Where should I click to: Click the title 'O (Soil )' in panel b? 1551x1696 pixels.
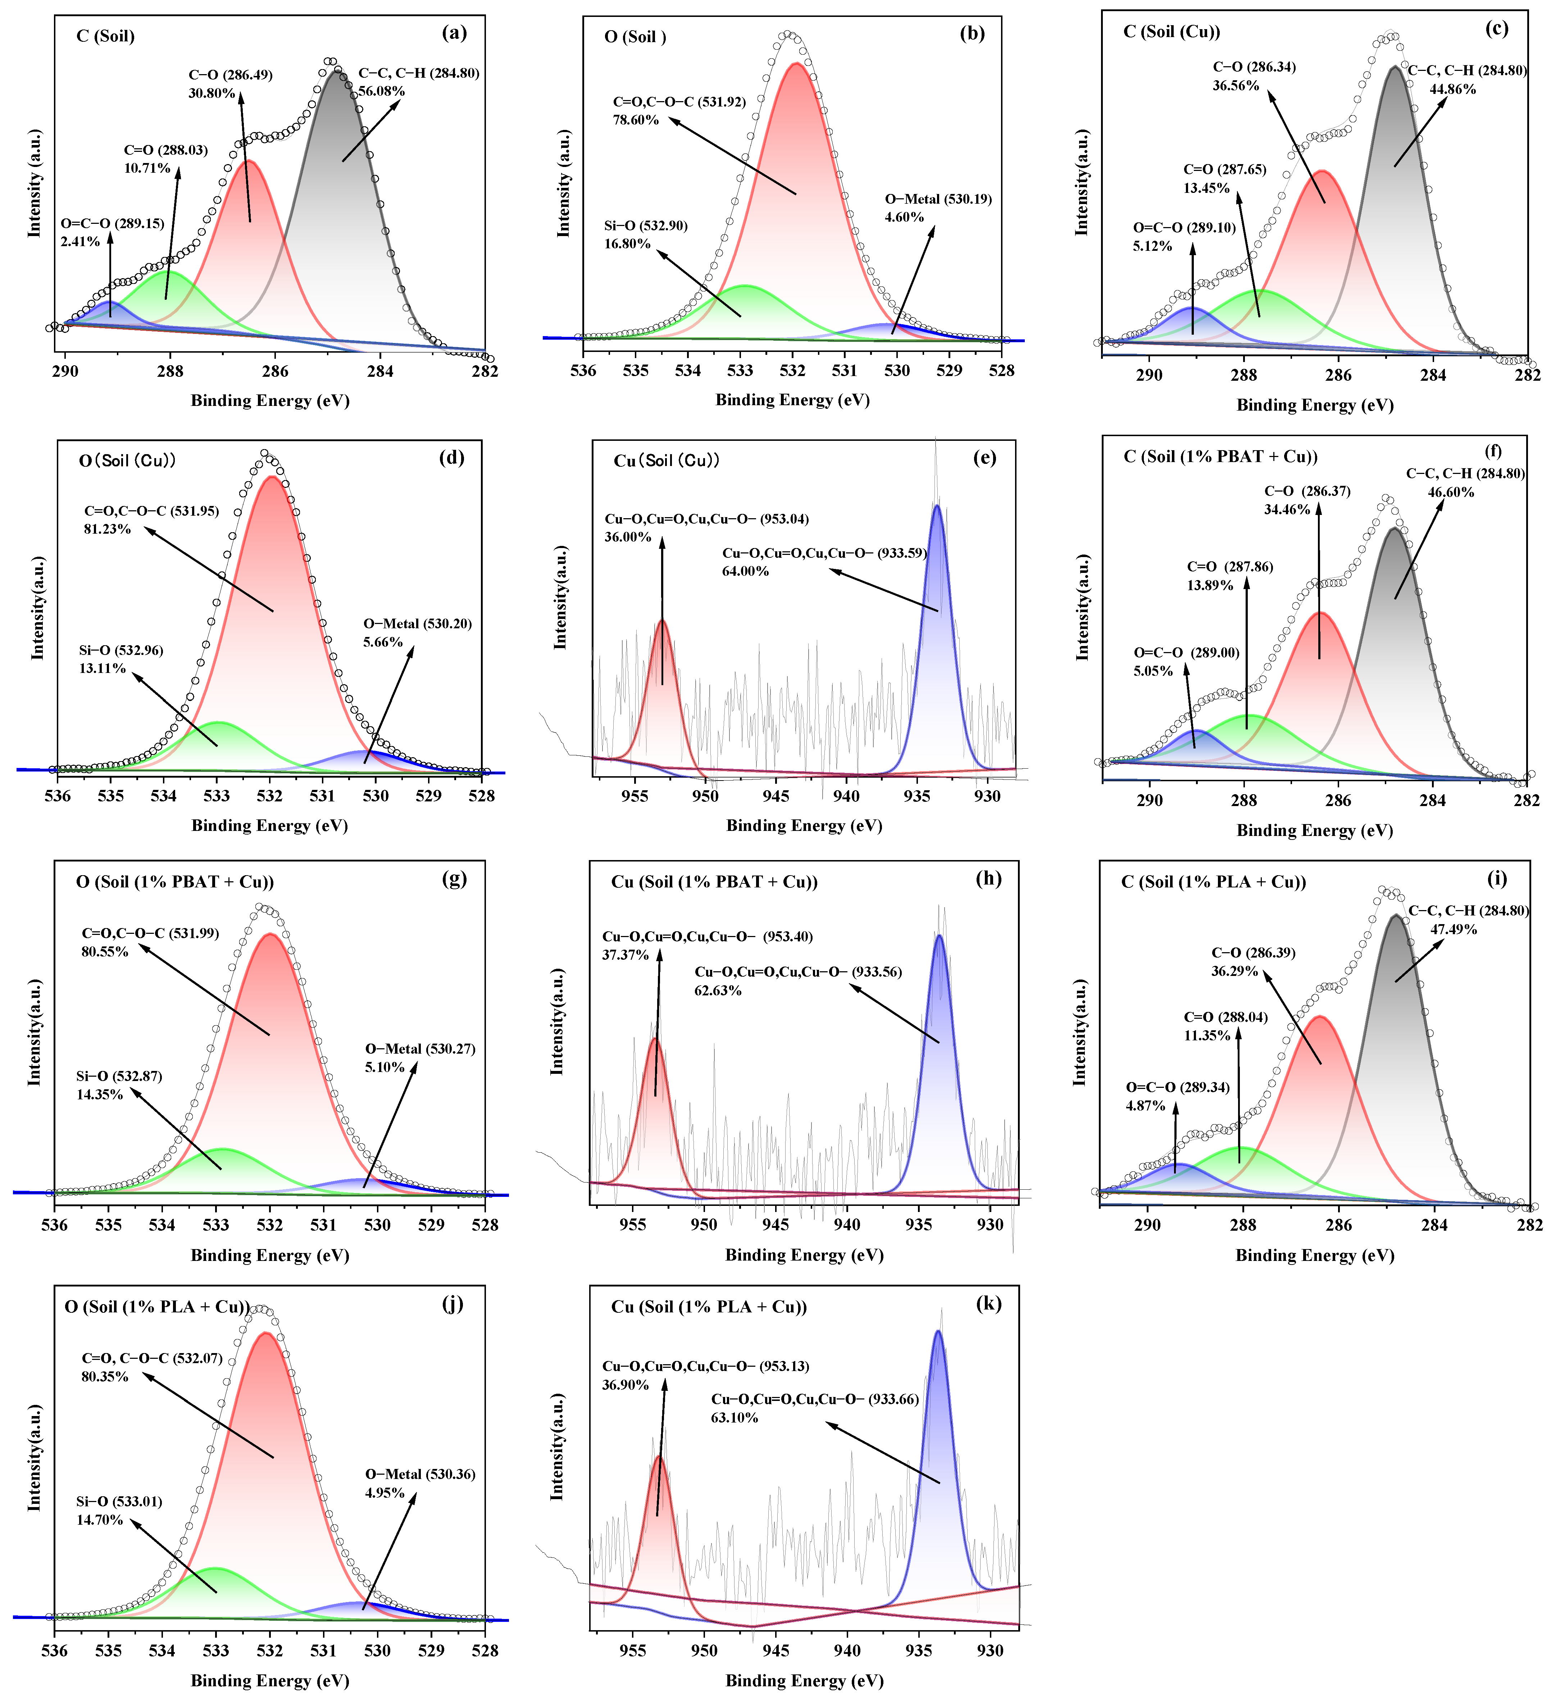pyautogui.click(x=635, y=37)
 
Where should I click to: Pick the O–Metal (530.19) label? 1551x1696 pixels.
pyautogui.click(x=938, y=199)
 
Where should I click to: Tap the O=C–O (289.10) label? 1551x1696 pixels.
pyautogui.click(x=1184, y=228)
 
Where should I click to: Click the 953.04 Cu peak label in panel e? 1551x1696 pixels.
pyautogui.click(x=706, y=519)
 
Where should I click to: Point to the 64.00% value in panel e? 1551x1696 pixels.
pyautogui.click(x=745, y=571)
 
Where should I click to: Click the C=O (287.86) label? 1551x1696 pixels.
pyautogui.click(x=1230, y=567)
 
